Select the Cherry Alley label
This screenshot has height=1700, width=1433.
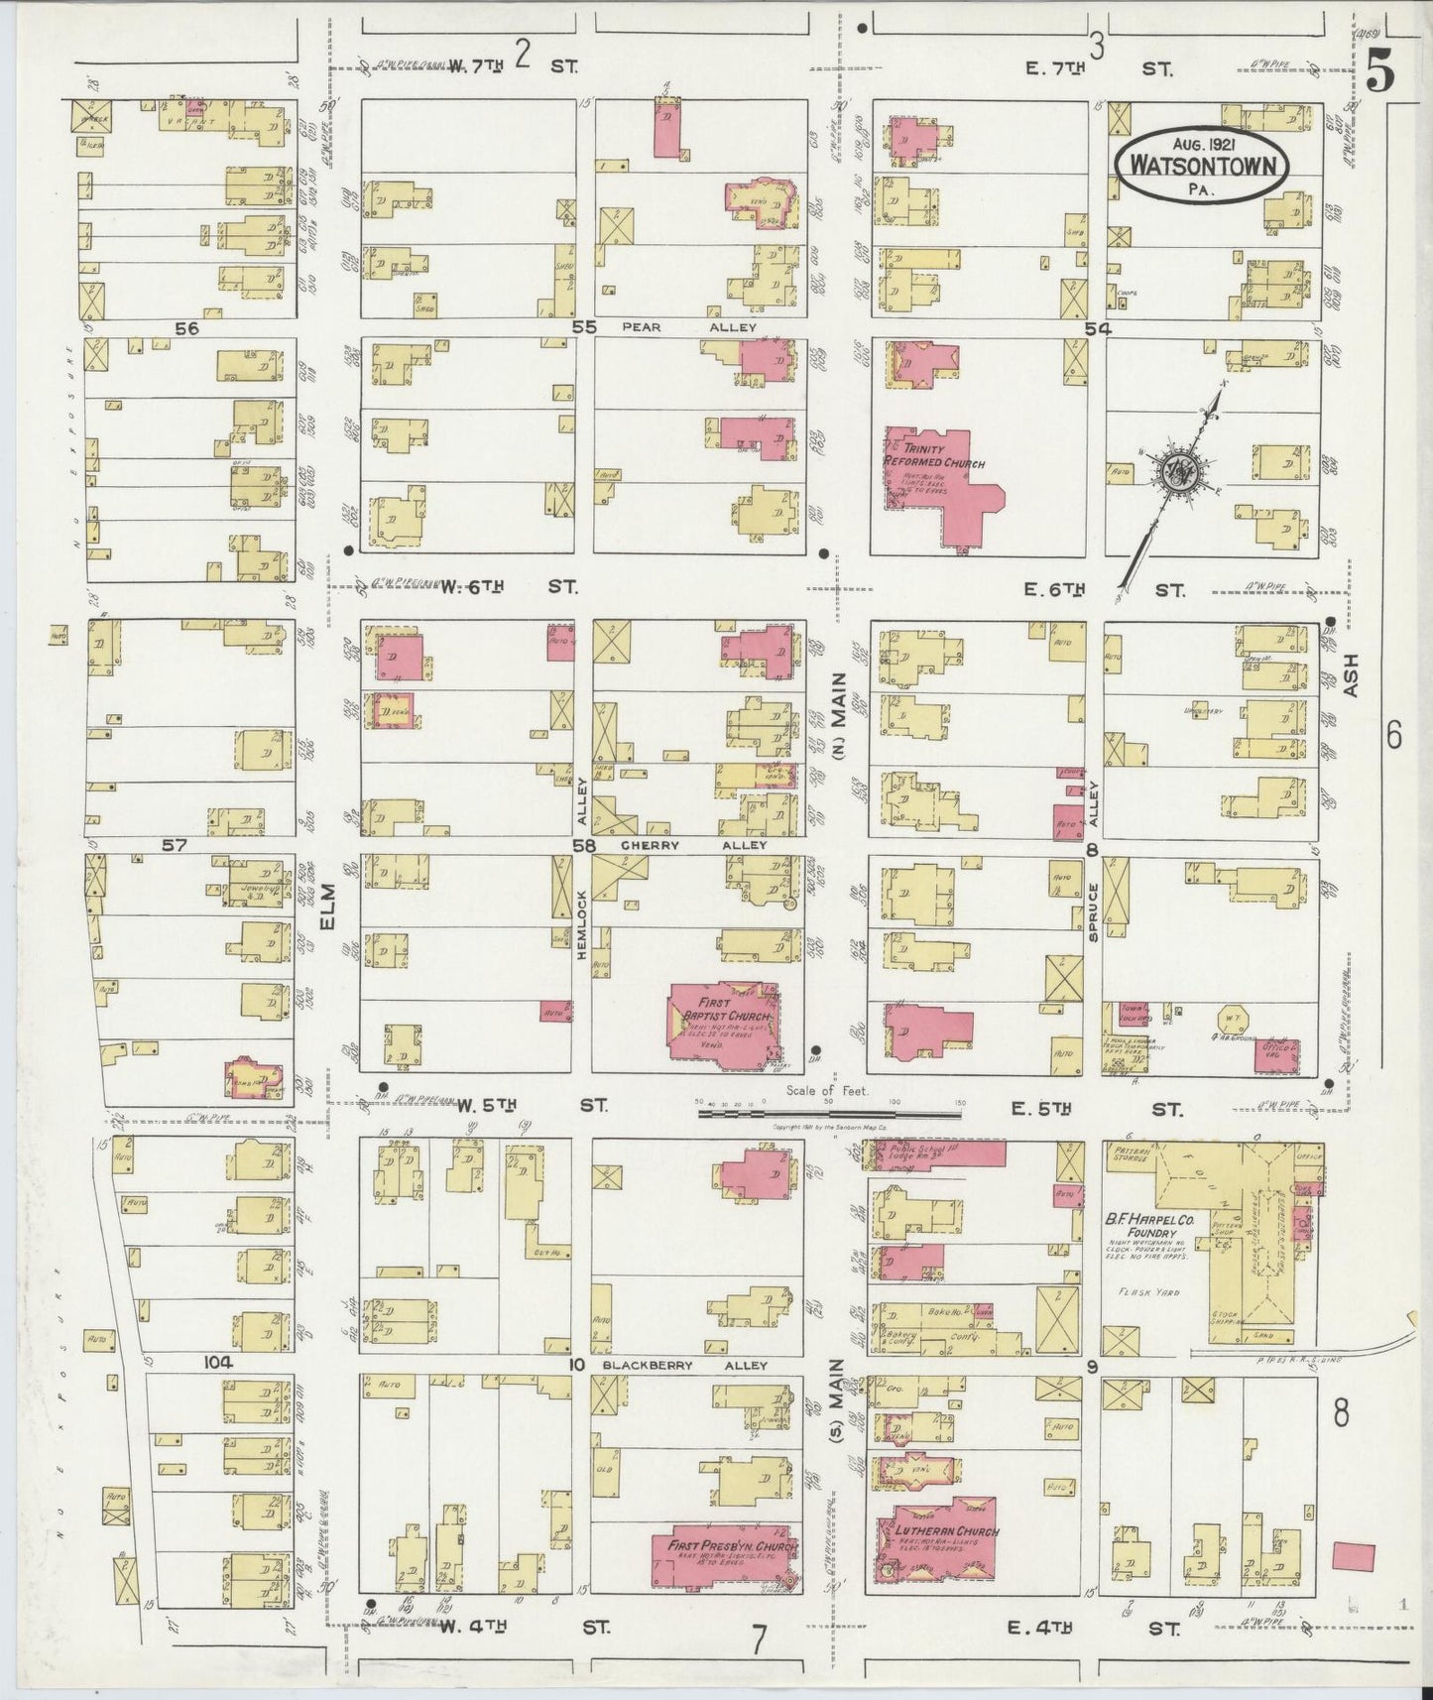694,845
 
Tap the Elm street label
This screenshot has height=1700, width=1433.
329,908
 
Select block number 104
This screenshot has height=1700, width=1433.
218,1362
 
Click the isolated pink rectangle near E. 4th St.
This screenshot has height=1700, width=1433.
1354,1556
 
